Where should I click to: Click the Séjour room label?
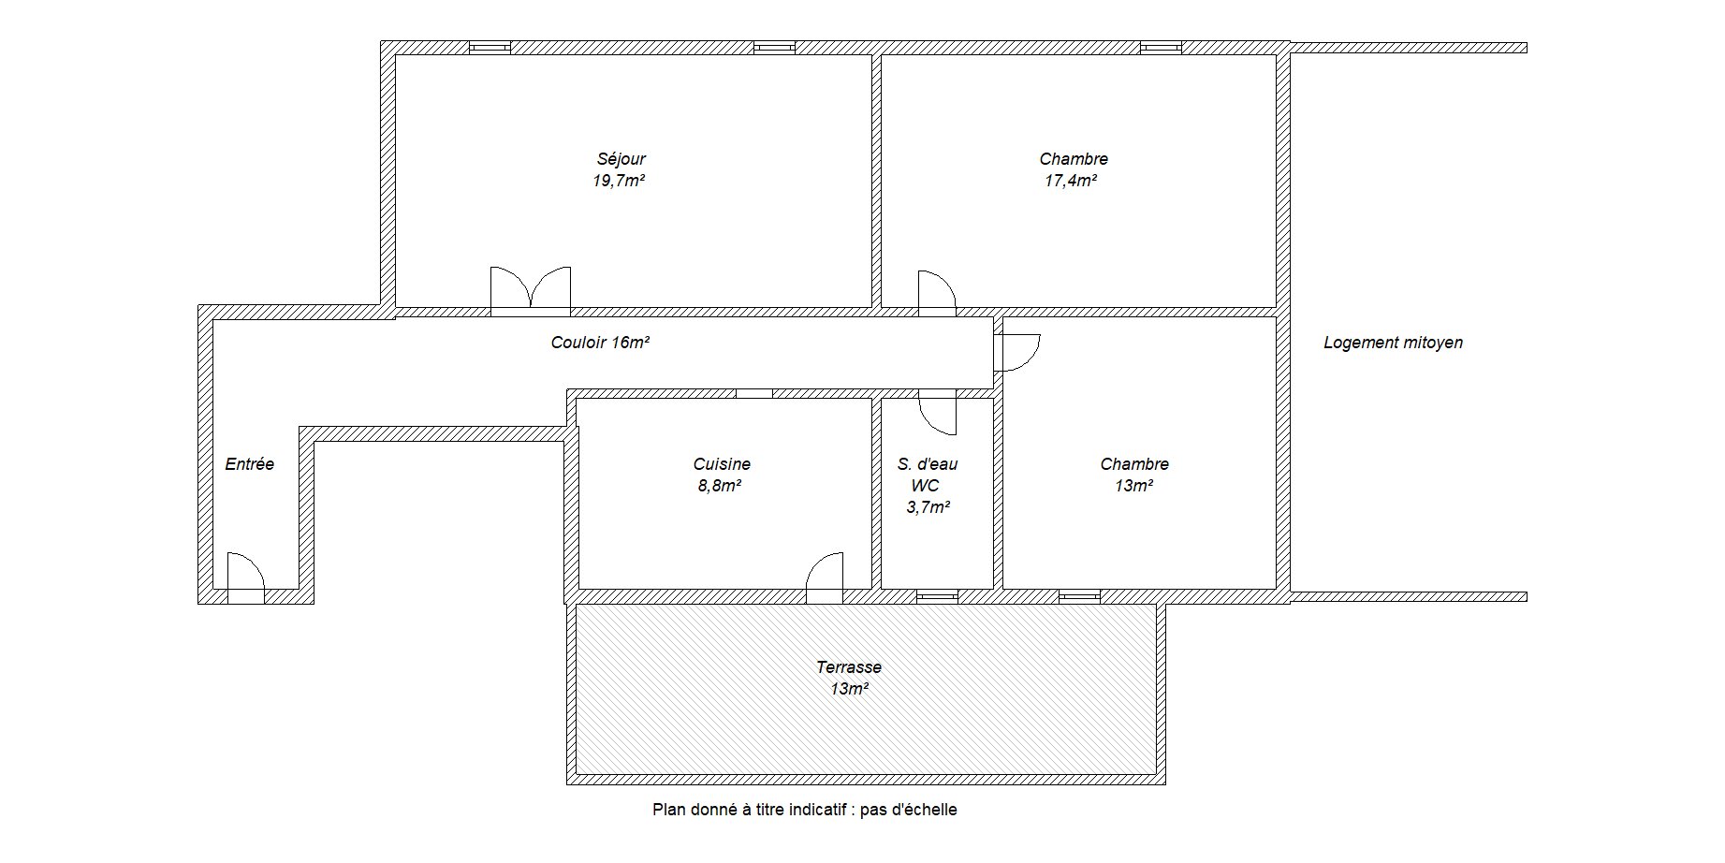coord(621,159)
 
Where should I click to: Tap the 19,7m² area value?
coord(619,181)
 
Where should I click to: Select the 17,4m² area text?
coord(1071,181)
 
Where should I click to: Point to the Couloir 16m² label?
coord(600,343)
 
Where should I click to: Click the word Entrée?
coord(250,464)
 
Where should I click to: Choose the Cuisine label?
coord(722,464)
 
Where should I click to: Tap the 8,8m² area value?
coord(720,486)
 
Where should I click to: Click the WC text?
coord(925,486)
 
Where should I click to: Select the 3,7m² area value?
coord(928,507)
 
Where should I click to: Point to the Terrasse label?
coord(849,667)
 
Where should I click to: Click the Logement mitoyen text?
coord(1393,343)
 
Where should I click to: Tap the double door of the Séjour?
coord(531,289)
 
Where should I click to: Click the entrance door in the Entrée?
coord(246,575)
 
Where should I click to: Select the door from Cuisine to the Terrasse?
coord(825,575)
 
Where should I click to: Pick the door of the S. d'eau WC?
coord(937,412)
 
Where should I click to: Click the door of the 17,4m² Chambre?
coord(937,291)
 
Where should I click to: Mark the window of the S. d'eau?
coord(937,595)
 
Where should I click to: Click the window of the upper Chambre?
coord(1161,47)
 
